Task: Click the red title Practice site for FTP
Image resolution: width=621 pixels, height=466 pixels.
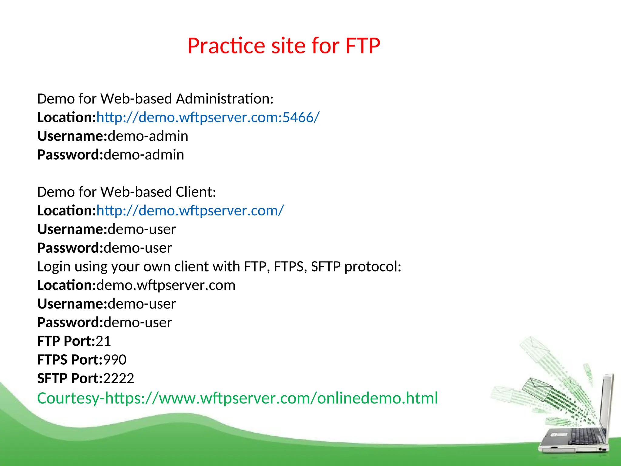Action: (x=284, y=46)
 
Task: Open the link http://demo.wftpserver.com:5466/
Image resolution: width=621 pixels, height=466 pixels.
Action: (x=208, y=117)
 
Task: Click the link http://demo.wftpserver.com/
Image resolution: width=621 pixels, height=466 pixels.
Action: (x=190, y=211)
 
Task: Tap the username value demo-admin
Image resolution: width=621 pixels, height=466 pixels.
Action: (x=148, y=136)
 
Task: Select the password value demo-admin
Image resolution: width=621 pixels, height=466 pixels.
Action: (x=144, y=155)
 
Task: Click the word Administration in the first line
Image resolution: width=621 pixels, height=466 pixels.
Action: (x=225, y=99)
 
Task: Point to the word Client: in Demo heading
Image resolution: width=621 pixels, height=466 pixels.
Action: (x=196, y=192)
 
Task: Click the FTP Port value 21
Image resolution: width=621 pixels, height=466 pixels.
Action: (x=103, y=341)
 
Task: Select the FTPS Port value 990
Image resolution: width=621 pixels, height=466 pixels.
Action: (x=115, y=360)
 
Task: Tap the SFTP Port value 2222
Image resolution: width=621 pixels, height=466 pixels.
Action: (x=119, y=378)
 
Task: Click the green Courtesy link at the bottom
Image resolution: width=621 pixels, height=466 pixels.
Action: (x=237, y=398)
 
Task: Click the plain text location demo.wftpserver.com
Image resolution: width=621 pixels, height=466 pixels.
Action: (x=166, y=285)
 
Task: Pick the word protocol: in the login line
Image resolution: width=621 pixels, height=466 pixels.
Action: (x=373, y=267)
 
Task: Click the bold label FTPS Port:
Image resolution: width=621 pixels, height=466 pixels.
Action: (x=70, y=360)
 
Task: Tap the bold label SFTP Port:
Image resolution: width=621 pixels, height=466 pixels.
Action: (x=70, y=378)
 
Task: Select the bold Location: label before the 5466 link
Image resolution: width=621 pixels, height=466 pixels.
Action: (x=66, y=117)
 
